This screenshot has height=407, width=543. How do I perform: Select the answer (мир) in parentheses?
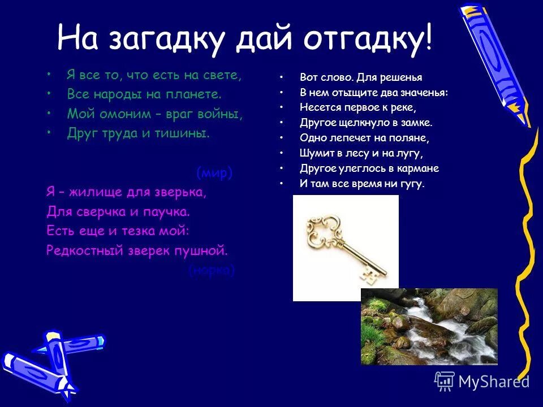pyautogui.click(x=214, y=172)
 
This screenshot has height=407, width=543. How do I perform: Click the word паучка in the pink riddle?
pyautogui.click(x=168, y=212)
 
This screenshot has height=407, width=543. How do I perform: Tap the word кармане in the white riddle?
pyautogui.click(x=416, y=168)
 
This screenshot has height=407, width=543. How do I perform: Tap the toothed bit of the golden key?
pyautogui.click(x=368, y=276)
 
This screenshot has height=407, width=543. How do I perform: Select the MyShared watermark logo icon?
pyautogui.click(x=445, y=380)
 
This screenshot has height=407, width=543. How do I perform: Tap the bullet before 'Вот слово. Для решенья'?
pyautogui.click(x=282, y=77)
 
